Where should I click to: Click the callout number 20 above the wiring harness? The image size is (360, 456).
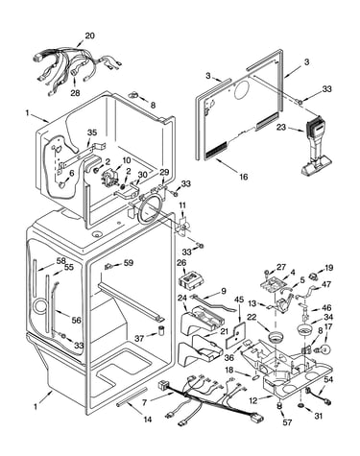89,36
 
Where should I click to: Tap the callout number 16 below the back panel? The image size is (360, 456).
244,177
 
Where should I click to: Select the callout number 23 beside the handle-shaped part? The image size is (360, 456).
281,128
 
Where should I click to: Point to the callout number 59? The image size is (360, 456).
129,263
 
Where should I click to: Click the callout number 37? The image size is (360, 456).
139,338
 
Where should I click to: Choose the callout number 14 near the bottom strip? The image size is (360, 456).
147,420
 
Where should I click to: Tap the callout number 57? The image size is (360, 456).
287,422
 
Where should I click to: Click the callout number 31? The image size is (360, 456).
318,416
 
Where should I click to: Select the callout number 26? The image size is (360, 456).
181,263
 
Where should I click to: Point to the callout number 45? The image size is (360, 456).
239,300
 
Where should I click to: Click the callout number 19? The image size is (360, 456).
328,268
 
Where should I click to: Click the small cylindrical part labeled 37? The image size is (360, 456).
161,330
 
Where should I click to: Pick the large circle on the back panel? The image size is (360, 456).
243,88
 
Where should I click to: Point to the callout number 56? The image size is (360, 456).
76,320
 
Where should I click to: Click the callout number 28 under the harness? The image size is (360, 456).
75,93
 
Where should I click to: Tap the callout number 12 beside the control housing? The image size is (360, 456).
253,400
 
